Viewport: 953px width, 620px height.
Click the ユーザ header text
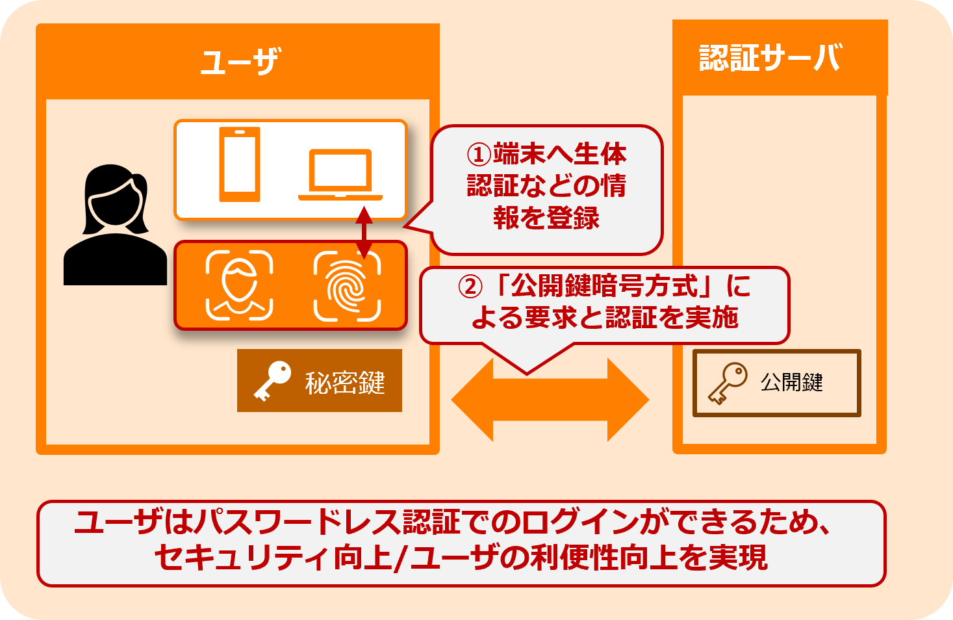pyautogui.click(x=240, y=62)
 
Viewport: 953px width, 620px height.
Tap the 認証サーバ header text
pyautogui.click(x=770, y=58)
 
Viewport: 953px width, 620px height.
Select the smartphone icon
pyautogui.click(x=240, y=164)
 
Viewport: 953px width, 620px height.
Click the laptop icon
pyautogui.click(x=340, y=174)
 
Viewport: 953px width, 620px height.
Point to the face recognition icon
pyautogui.click(x=239, y=286)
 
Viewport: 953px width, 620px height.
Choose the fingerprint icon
pyautogui.click(x=347, y=286)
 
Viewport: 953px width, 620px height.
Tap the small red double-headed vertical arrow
pyautogui.click(x=364, y=232)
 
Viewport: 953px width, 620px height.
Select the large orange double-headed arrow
pyautogui.click(x=550, y=400)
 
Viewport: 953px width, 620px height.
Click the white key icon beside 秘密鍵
pyautogui.click(x=272, y=381)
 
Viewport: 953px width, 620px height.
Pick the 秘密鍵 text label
pyautogui.click(x=345, y=382)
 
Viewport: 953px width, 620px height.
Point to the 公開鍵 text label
pyautogui.click(x=791, y=382)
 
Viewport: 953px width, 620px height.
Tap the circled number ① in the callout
pyautogui.click(x=479, y=155)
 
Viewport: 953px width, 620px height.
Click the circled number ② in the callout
pyautogui.click(x=470, y=287)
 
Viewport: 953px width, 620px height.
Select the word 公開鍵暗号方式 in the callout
pyautogui.click(x=604, y=286)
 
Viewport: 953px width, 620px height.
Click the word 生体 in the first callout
pyautogui.click(x=600, y=154)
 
